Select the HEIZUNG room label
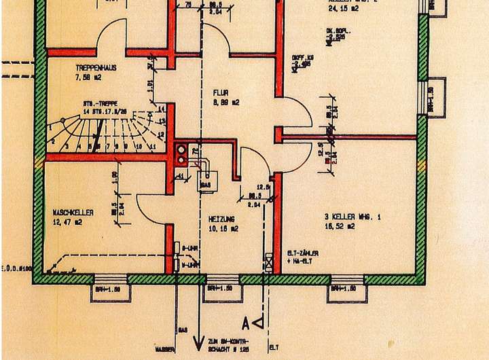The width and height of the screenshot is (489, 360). [222, 219]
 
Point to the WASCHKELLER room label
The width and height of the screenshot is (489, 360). [73, 213]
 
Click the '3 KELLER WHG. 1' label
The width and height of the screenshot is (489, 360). [352, 217]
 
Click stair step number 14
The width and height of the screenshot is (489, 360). [161, 109]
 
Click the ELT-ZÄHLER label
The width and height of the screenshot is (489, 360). [303, 253]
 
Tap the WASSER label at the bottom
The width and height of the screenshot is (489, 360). [164, 348]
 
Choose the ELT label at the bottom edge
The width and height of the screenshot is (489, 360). [274, 348]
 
